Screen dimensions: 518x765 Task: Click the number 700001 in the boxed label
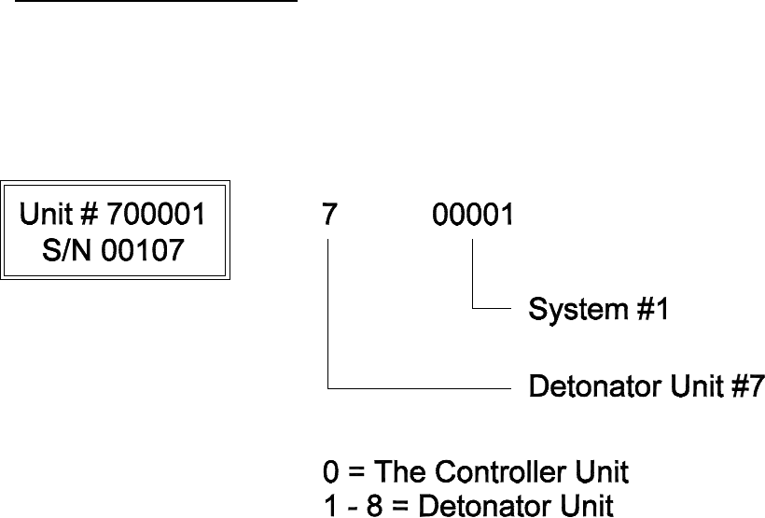[x=154, y=216]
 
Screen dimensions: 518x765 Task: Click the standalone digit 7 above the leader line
[x=328, y=216]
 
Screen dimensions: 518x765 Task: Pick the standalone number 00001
[x=473, y=216]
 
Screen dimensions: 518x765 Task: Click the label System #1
[x=599, y=308]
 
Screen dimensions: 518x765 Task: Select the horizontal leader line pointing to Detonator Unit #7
[x=420, y=385]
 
